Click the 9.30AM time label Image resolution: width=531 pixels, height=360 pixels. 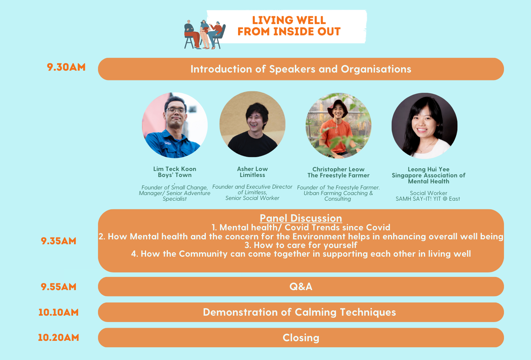coord(66,67)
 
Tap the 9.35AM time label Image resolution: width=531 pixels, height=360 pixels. coord(59,241)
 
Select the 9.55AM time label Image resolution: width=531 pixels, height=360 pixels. coord(59,287)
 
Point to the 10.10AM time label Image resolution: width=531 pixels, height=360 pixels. coord(58,312)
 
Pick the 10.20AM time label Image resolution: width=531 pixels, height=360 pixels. coord(58,338)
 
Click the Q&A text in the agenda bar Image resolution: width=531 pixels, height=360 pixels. coord(301,287)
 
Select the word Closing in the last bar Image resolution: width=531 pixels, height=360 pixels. coord(301,338)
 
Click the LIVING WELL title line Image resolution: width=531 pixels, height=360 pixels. coord(289,20)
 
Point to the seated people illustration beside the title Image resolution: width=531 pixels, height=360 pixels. coord(205,35)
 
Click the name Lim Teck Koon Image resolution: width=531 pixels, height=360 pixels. coord(175,169)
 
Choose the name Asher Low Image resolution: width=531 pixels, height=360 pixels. coord(252,169)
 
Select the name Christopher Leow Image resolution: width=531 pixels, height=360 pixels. coord(338,169)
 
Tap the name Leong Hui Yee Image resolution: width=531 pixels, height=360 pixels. coord(428,169)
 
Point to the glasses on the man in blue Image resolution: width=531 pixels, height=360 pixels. coord(176,110)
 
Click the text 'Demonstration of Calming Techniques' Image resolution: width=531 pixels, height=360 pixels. coord(299,312)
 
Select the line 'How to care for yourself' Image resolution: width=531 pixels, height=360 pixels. coord(301,245)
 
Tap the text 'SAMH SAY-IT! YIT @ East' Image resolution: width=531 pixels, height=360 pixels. coord(428,199)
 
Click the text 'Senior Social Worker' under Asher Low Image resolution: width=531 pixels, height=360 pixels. coord(252,198)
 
